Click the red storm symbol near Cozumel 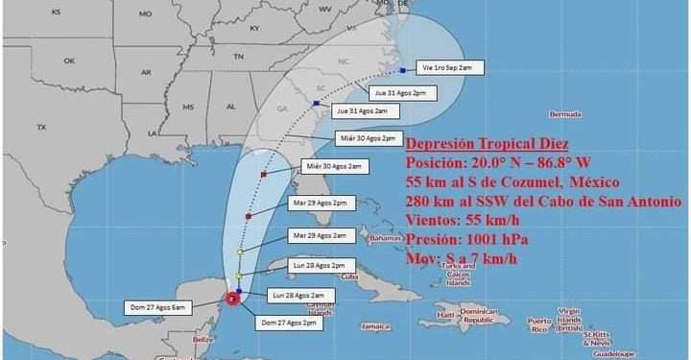232,299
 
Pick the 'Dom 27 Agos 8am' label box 159,307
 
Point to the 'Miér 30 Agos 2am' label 332,166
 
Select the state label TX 41,127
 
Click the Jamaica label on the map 375,327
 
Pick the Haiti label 444,314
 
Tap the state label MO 145,14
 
